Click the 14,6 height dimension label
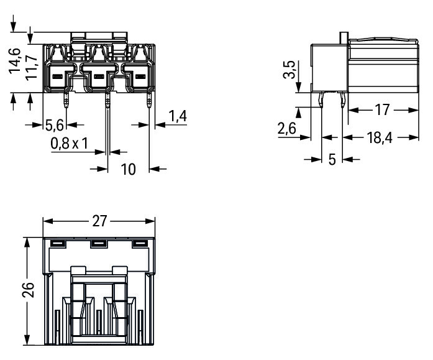pos(14,61)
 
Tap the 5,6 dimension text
pos(55,126)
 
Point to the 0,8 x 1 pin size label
pos(70,144)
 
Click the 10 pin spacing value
pos(129,169)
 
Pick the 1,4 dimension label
pos(178,116)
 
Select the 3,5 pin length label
pos(289,70)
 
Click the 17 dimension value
pos(382,110)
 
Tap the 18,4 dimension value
pos(380,137)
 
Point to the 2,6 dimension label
pos(287,129)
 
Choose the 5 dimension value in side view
pos(332,159)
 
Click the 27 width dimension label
pos(99,221)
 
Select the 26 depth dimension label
pos(28,290)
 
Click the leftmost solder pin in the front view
pos(66,101)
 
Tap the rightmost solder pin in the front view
pos(149,101)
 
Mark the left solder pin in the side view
pos(321,100)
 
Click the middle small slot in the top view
pos(99,244)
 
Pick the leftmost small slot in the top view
pos(58,243)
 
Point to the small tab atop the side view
pos(344,38)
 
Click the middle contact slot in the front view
pos(99,76)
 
